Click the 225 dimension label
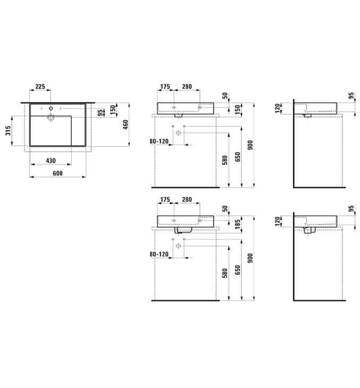[40, 87]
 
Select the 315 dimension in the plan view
[8, 131]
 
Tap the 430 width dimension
[50, 161]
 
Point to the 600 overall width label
[57, 173]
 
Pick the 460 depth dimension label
[126, 124]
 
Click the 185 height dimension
[237, 224]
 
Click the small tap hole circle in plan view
[50, 108]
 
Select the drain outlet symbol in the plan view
[50, 118]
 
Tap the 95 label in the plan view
[100, 113]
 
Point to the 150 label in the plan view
[113, 110]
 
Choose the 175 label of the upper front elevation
[165, 87]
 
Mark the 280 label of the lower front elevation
[187, 199]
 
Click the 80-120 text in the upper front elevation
[159, 141]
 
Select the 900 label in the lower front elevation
[250, 258]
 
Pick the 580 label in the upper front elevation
[225, 161]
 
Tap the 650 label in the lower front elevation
[237, 270]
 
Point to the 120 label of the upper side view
[278, 108]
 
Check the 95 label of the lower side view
[351, 208]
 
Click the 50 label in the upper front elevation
[225, 96]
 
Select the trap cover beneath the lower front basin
[184, 230]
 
